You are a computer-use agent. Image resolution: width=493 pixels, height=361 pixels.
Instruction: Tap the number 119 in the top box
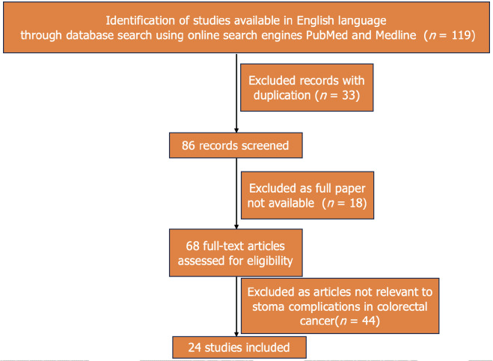click(x=457, y=34)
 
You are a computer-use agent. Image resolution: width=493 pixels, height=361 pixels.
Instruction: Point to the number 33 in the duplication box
click(x=354, y=97)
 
